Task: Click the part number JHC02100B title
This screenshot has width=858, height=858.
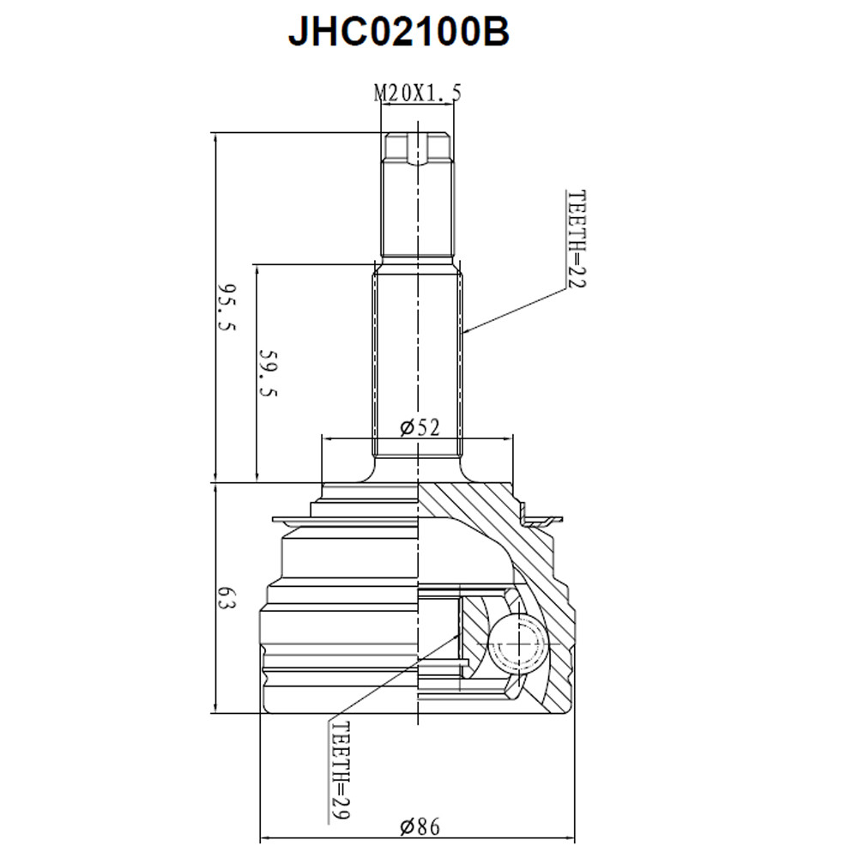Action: pyautogui.click(x=398, y=33)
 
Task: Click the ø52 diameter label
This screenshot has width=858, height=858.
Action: pyautogui.click(x=420, y=426)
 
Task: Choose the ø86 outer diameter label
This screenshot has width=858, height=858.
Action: pyautogui.click(x=419, y=827)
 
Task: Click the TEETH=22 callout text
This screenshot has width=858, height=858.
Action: pyautogui.click(x=575, y=239)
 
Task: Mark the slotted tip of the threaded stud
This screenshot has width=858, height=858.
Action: pyautogui.click(x=417, y=148)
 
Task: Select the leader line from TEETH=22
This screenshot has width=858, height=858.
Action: pyautogui.click(x=515, y=311)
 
